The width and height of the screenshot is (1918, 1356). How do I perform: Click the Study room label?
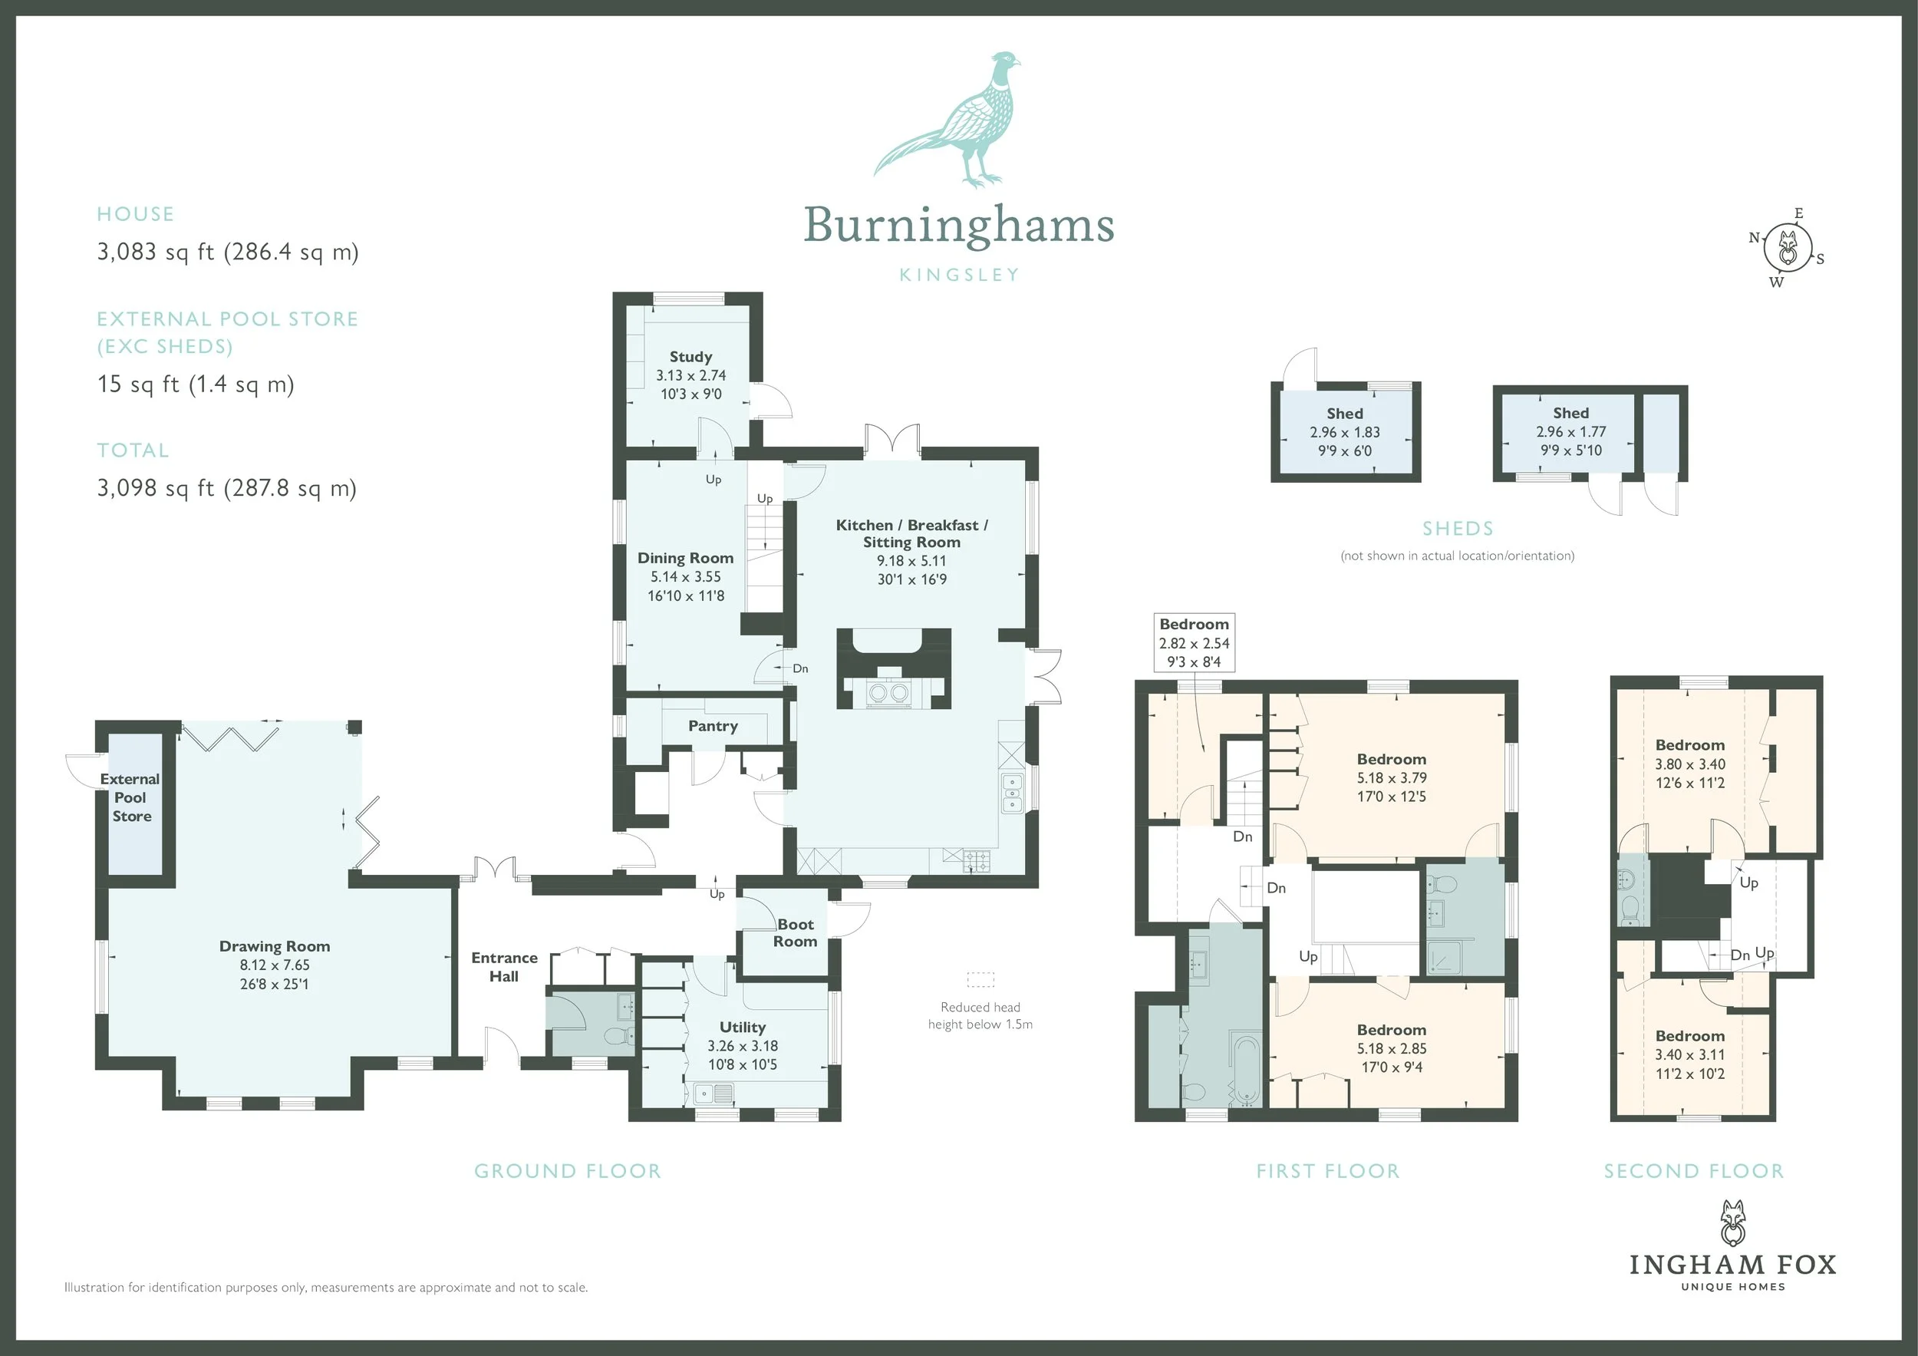coord(690,357)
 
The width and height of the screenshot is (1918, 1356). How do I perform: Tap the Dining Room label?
coord(686,558)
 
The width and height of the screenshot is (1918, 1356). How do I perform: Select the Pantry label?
coord(713,726)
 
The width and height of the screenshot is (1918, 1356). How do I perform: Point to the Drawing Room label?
coord(275,947)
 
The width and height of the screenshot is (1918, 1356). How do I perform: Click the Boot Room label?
coord(796,933)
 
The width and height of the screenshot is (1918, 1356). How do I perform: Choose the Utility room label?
coord(743,1028)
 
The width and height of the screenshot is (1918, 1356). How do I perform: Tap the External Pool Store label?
coord(131,798)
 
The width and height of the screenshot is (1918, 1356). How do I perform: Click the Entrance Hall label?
coord(505,968)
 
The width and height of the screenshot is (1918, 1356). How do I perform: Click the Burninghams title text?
coord(959,226)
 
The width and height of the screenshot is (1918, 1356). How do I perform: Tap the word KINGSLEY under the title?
coord(959,275)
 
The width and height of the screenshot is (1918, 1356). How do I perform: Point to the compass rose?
coord(1788,247)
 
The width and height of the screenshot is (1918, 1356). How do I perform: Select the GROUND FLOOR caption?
coord(568,1171)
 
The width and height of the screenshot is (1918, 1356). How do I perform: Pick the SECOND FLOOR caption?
coord(1694,1171)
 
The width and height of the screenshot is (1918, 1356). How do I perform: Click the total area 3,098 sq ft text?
coord(227,488)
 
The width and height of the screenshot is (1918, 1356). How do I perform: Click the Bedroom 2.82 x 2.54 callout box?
coord(1194,642)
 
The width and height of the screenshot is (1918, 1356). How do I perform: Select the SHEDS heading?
coord(1458,529)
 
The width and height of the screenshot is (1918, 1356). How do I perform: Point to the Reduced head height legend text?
coord(980,1016)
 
